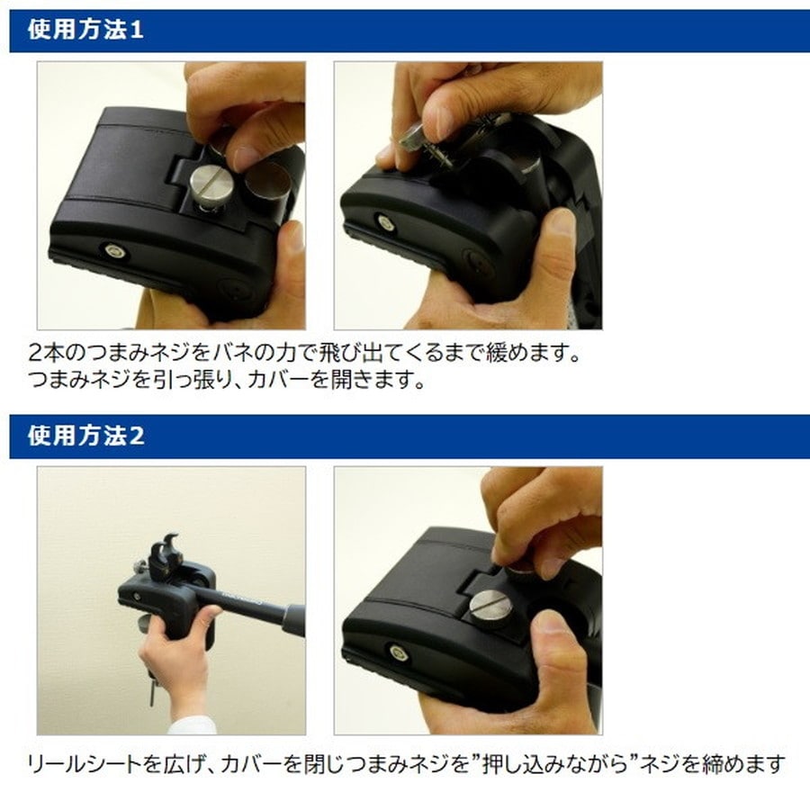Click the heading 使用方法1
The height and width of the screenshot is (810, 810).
click(86, 30)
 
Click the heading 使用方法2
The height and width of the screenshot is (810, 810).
click(86, 436)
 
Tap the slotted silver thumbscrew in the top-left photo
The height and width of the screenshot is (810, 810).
click(211, 186)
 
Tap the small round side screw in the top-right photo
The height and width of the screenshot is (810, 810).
click(385, 221)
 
